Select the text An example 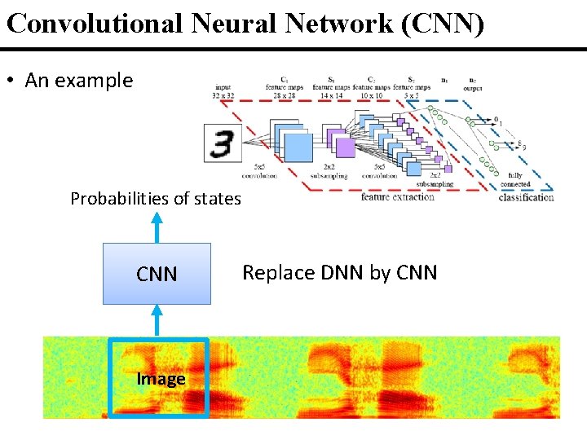coord(78,81)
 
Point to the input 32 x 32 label coord(223,90)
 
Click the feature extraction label coord(399,197)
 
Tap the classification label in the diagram coord(526,197)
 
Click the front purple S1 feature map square coord(345,147)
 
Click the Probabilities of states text coord(156,199)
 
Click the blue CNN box coord(157,274)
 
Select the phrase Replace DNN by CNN coord(340,273)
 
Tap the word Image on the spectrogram coord(161,379)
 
